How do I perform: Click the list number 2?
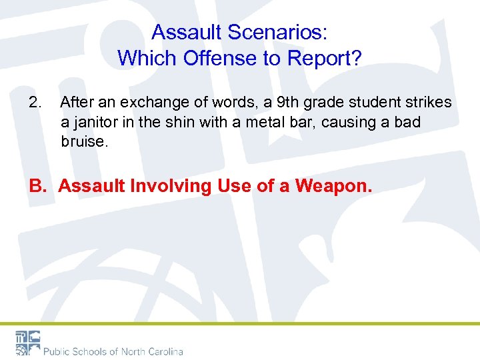click(35, 103)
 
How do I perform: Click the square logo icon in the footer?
click(27, 343)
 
